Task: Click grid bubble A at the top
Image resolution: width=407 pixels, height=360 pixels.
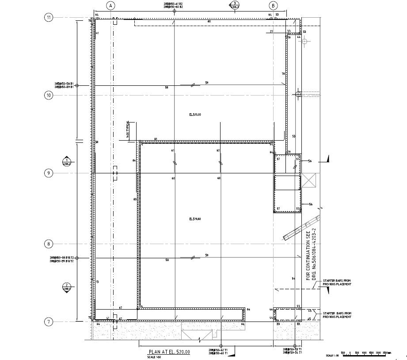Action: click(x=111, y=6)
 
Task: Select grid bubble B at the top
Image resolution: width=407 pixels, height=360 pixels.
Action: click(x=274, y=6)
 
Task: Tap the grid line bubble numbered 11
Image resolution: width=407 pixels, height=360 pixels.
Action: click(x=49, y=18)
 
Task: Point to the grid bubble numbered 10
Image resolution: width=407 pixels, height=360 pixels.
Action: click(x=49, y=95)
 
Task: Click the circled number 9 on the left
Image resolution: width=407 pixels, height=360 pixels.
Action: click(x=49, y=173)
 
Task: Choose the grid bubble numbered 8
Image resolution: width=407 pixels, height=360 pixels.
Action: click(x=49, y=244)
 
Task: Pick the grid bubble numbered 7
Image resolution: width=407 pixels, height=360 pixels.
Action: click(x=49, y=322)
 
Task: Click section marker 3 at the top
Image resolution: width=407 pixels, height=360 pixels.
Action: click(x=234, y=5)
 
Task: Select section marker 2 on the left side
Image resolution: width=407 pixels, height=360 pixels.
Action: click(x=66, y=287)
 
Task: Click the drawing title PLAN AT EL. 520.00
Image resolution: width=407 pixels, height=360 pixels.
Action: click(x=169, y=352)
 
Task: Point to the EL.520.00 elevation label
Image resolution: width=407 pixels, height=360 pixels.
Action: click(x=195, y=115)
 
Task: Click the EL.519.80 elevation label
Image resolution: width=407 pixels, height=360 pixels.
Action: click(x=195, y=219)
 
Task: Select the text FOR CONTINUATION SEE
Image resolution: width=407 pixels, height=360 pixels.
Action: click(x=308, y=255)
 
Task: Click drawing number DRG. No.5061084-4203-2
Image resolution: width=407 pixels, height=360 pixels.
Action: click(x=315, y=255)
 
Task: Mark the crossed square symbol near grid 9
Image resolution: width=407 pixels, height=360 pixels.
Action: click(x=309, y=181)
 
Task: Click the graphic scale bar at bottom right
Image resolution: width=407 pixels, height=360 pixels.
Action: click(x=367, y=353)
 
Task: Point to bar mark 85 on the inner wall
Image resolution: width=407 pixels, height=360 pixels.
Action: click(x=134, y=199)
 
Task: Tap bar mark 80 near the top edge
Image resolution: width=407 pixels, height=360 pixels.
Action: click(x=209, y=21)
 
